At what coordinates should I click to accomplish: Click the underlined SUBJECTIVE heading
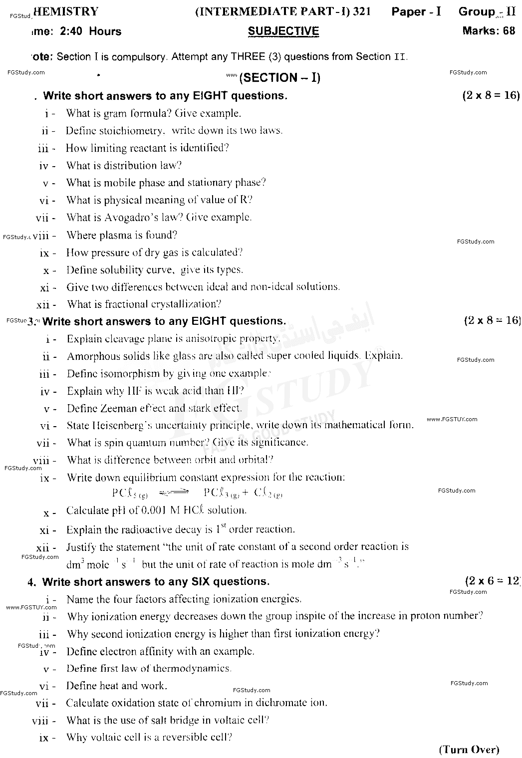coord(283,31)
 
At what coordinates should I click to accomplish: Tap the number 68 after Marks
coord(509,31)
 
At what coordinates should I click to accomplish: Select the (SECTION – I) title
coord(280,77)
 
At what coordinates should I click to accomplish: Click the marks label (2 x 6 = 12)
coord(492,581)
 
